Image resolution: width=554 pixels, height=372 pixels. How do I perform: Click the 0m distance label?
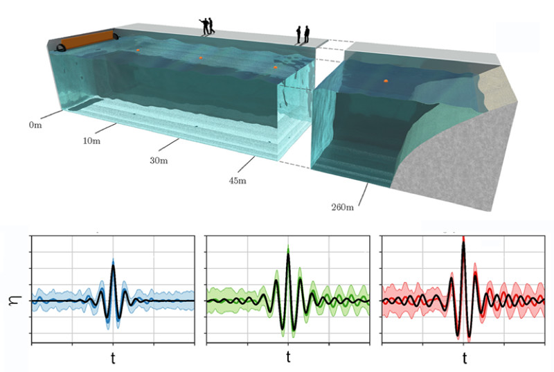35,125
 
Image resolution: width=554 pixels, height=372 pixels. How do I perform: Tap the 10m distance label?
91,141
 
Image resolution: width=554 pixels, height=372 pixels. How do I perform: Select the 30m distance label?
159,161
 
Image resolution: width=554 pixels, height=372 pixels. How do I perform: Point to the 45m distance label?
238,181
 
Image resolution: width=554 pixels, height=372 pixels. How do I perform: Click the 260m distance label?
342,207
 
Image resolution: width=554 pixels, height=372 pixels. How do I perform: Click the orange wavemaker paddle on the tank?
87,39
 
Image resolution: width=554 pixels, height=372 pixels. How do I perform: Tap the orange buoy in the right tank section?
386,81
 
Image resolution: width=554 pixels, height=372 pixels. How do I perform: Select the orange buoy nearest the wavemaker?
138,50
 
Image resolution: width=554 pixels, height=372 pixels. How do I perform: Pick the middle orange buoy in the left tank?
201,57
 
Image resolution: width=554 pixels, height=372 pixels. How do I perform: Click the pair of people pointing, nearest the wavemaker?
207,26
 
